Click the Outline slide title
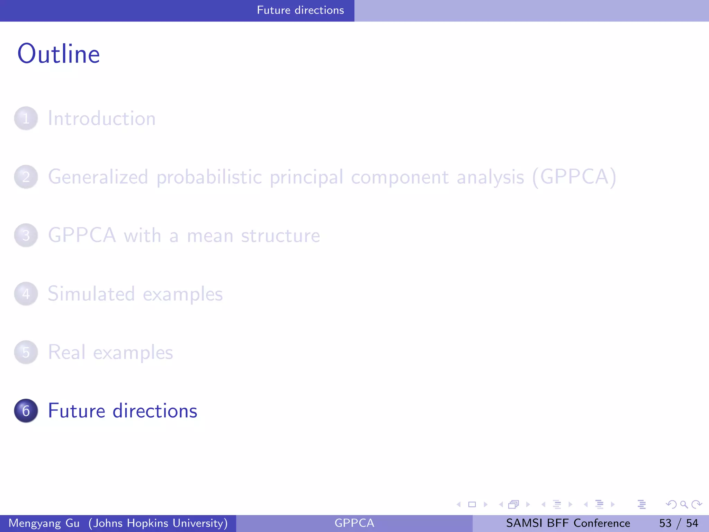pyautogui.click(x=59, y=54)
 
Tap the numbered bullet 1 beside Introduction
pyautogui.click(x=26, y=118)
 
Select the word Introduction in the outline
pyautogui.click(x=101, y=118)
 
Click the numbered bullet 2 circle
pyautogui.click(x=26, y=177)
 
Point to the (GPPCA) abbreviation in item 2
pyautogui.click(x=574, y=177)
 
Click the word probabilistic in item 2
pyautogui.click(x=209, y=177)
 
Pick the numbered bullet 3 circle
pyautogui.click(x=26, y=236)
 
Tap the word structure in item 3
pyautogui.click(x=280, y=236)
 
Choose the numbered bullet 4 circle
pyautogui.click(x=26, y=294)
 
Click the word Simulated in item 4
pyautogui.click(x=91, y=294)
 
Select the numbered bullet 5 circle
pyautogui.click(x=26, y=353)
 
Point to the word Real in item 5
pyautogui.click(x=66, y=353)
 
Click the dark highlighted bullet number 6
pyautogui.click(x=26, y=411)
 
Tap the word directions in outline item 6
pyautogui.click(x=155, y=411)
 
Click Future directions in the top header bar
pyautogui.click(x=300, y=10)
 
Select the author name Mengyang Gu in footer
pyautogui.click(x=44, y=523)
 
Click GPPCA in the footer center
pyautogui.click(x=354, y=523)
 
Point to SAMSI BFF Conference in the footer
pyautogui.click(x=568, y=523)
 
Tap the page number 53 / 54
pyautogui.click(x=679, y=523)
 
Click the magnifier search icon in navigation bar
pyautogui.click(x=684, y=504)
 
